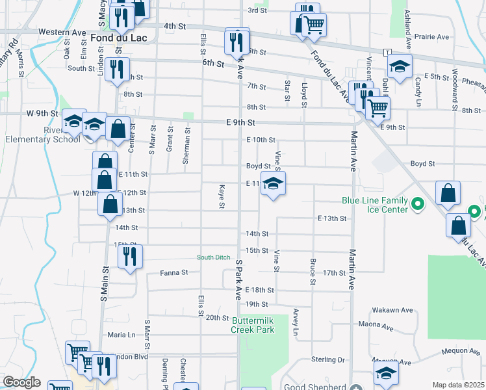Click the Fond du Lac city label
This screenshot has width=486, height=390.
(x=119, y=38)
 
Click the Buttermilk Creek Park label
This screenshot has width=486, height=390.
(x=253, y=324)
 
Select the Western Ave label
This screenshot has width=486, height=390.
(x=62, y=32)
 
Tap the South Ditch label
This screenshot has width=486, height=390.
(x=214, y=257)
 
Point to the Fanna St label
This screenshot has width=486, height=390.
(x=175, y=272)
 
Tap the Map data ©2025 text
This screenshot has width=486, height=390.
(x=458, y=385)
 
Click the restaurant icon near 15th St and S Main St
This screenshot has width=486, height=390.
(x=130, y=255)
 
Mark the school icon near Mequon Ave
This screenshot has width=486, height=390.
(x=386, y=374)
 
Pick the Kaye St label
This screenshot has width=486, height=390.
(x=222, y=196)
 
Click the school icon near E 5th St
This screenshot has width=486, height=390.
(x=400, y=66)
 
